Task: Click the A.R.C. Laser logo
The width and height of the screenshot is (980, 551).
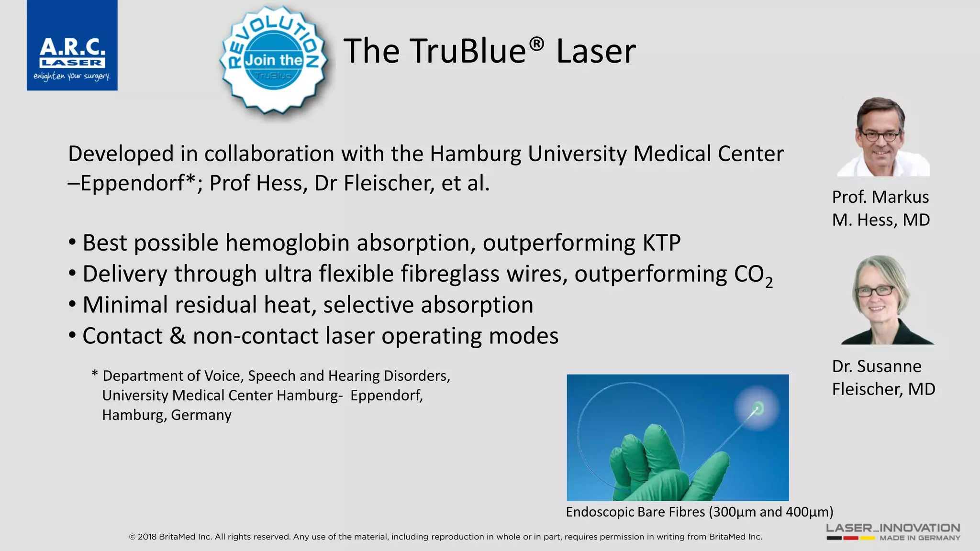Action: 72,45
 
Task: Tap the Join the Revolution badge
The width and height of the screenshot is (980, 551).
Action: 274,60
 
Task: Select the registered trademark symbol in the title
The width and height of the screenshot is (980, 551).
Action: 536,44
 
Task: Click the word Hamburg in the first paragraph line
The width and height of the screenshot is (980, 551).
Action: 475,154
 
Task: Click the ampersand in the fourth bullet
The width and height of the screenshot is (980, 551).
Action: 178,336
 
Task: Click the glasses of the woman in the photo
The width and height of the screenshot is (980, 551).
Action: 875,291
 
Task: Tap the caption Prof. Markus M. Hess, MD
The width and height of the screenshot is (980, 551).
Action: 880,209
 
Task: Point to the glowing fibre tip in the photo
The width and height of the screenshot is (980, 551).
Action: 757,408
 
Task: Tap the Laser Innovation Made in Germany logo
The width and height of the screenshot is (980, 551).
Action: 893,532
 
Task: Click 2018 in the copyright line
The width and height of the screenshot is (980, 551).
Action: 147,537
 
